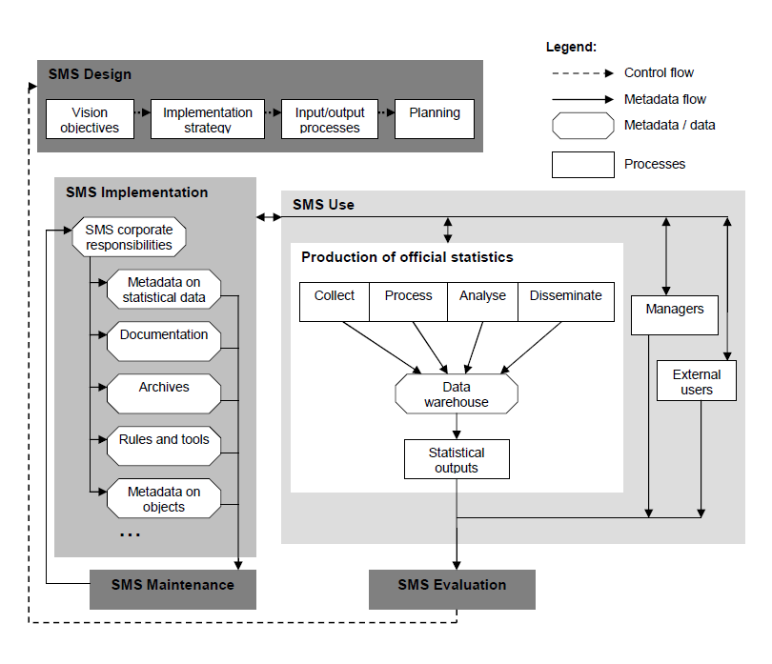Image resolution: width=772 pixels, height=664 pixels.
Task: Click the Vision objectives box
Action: point(90,119)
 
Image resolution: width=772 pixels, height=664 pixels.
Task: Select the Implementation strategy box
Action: point(207,119)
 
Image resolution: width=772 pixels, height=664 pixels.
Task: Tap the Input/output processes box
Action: point(330,119)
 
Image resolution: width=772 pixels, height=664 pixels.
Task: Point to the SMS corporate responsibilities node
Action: point(129,237)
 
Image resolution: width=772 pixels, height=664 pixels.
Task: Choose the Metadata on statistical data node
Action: point(164,290)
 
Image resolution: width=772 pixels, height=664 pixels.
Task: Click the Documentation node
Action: point(164,340)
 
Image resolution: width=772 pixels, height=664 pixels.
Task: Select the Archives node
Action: point(164,392)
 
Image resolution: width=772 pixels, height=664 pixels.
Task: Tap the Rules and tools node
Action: point(164,445)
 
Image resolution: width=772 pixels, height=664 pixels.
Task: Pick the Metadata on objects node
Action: point(164,498)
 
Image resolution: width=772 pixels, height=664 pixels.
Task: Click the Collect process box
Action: point(334,301)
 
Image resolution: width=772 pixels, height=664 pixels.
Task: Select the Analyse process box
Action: point(482,301)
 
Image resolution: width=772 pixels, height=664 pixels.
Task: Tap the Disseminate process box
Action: point(566,301)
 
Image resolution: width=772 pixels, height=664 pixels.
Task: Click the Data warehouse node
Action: point(457,394)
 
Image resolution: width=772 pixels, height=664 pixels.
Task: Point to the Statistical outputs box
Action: point(457,459)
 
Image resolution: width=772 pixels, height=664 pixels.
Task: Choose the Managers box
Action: point(675,315)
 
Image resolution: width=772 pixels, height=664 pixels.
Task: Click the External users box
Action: point(697,381)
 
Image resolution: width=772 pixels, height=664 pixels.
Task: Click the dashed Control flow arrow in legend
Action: point(579,72)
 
